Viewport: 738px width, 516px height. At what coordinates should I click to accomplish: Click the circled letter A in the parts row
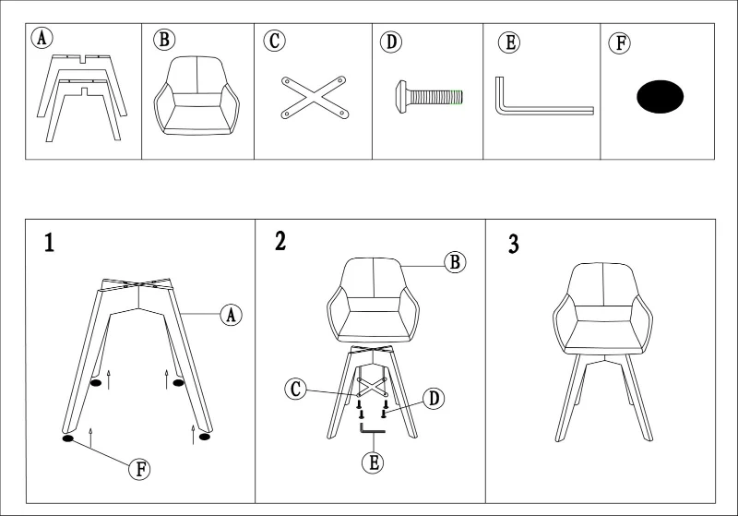(x=42, y=38)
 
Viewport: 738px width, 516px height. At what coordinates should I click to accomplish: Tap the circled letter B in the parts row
(x=164, y=40)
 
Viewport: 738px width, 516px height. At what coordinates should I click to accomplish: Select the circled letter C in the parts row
(x=274, y=41)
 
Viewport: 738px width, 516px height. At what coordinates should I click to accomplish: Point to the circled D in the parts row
(x=391, y=42)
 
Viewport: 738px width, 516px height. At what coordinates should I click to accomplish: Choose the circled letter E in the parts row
(x=509, y=42)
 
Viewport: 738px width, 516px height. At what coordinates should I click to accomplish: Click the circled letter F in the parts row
(x=620, y=43)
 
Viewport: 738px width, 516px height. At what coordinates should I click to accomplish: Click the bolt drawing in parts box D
(x=429, y=98)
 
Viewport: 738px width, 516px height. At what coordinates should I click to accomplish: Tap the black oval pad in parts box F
(x=660, y=97)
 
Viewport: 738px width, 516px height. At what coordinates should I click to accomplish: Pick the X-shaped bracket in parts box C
(x=315, y=98)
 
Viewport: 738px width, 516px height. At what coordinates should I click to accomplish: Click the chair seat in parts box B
(x=196, y=96)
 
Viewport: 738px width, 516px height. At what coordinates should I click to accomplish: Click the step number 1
(x=49, y=243)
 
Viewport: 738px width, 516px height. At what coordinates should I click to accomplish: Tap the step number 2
(x=280, y=241)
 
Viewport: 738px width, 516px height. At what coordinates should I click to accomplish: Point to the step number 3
(x=514, y=245)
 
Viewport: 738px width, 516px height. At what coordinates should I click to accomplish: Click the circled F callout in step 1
(x=140, y=469)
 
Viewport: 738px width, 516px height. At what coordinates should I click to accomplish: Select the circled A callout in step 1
(x=232, y=315)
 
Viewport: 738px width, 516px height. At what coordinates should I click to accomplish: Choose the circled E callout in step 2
(x=374, y=462)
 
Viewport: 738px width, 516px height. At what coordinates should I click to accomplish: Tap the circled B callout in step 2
(x=455, y=262)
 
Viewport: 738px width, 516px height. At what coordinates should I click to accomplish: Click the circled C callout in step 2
(x=295, y=390)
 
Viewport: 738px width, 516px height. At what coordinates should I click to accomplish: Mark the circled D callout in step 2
(x=434, y=399)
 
